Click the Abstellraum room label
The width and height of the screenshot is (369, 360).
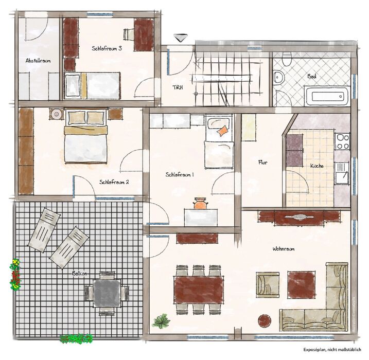pos(38,61)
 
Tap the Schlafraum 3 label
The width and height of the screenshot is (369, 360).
pos(107,48)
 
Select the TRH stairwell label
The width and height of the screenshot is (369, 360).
pos(178,87)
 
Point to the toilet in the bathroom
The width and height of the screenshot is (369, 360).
pos(287,58)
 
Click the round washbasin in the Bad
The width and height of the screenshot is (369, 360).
pos(279,77)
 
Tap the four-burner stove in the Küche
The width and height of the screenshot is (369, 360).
pos(342,141)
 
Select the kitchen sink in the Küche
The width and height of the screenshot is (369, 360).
pos(342,173)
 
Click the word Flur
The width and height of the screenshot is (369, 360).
pos(262,162)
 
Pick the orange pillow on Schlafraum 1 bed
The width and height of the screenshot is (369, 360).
pos(223,131)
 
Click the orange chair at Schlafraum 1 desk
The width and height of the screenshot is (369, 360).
pos(200,203)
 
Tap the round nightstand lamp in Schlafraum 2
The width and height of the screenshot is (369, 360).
pos(57,114)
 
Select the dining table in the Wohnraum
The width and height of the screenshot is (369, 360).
pos(199,290)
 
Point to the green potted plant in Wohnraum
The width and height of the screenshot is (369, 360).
pos(162,321)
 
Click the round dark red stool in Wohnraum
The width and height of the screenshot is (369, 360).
pos(265,321)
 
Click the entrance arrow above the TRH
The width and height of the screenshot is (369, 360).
pos(181,38)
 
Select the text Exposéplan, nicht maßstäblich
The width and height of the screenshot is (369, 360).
pos(332,349)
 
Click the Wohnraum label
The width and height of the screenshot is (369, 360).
pos(284,249)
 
